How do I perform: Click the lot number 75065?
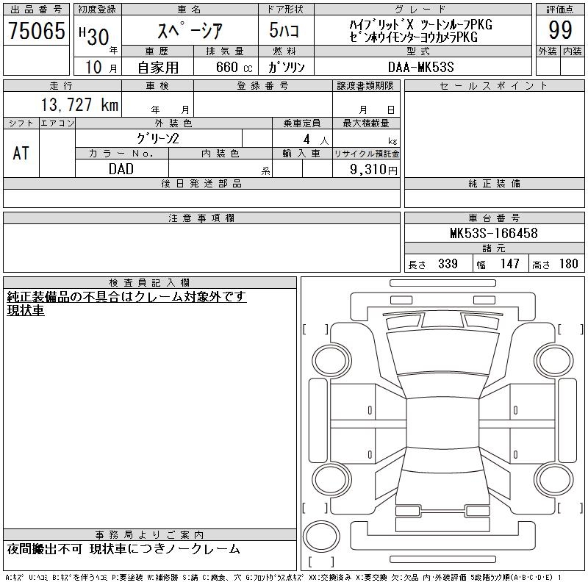[36, 30]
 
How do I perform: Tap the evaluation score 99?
[560, 30]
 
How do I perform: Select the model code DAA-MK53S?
[421, 67]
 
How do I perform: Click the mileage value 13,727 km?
[79, 104]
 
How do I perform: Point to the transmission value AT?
[21, 153]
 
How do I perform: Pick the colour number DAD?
[121, 169]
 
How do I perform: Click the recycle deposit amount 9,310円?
[373, 170]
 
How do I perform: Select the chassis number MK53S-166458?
[494, 233]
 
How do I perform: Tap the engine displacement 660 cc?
[234, 67]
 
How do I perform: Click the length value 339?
[448, 264]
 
